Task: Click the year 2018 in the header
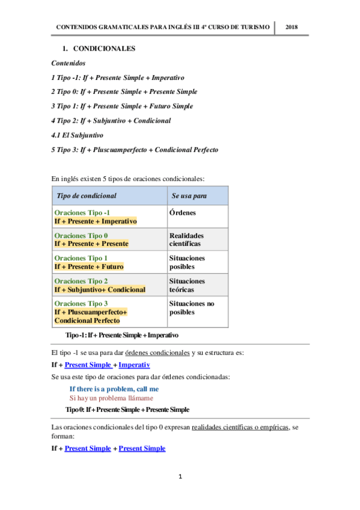[292, 28]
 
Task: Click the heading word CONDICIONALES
[103, 48]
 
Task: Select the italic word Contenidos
[68, 63]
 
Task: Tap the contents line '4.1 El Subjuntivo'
[78, 135]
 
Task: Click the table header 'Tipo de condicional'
[87, 196]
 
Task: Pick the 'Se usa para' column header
[190, 196]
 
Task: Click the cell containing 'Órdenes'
[183, 213]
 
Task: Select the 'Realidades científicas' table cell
[186, 240]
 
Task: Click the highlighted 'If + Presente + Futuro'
[88, 266]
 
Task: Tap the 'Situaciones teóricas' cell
[187, 285]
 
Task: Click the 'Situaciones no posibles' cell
[192, 308]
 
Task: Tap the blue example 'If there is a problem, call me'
[114, 389]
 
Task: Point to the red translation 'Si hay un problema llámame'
[111, 398]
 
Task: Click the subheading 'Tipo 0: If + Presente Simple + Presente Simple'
[127, 410]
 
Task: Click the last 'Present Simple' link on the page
[142, 448]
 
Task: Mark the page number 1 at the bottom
[180, 477]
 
